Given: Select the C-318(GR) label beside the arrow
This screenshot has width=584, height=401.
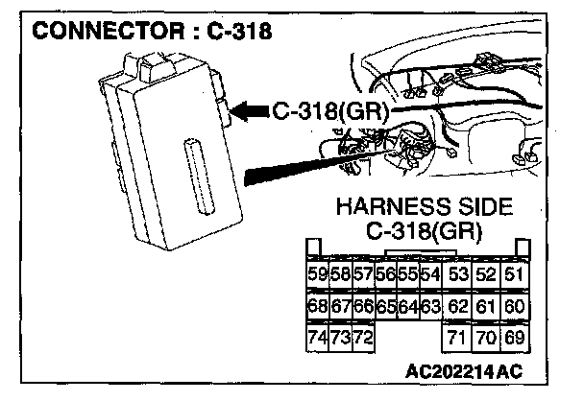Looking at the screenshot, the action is click(x=330, y=113).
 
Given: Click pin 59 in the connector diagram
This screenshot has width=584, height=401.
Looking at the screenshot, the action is click(x=316, y=275).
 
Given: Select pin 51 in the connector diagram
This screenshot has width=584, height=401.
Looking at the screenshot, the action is click(x=515, y=275).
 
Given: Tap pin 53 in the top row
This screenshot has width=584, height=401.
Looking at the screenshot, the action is click(x=458, y=275).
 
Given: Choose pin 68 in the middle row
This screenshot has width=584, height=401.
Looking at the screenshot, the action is click(x=316, y=307).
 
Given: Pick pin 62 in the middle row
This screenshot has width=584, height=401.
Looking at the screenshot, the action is click(x=458, y=307).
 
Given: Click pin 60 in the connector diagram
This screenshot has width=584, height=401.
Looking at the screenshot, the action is click(x=515, y=307).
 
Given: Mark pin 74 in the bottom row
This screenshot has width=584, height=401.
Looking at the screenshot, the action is click(x=316, y=338).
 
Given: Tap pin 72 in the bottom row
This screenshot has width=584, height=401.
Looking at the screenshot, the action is click(x=362, y=338).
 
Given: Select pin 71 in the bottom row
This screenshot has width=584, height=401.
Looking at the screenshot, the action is click(x=458, y=338).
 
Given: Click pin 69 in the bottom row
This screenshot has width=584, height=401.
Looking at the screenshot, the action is click(x=515, y=338).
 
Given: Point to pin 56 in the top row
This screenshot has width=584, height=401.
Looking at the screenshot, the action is click(x=385, y=275).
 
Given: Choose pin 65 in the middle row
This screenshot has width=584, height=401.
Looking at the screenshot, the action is click(x=385, y=307).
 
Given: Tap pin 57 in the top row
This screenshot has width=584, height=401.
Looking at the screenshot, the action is click(x=362, y=275).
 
